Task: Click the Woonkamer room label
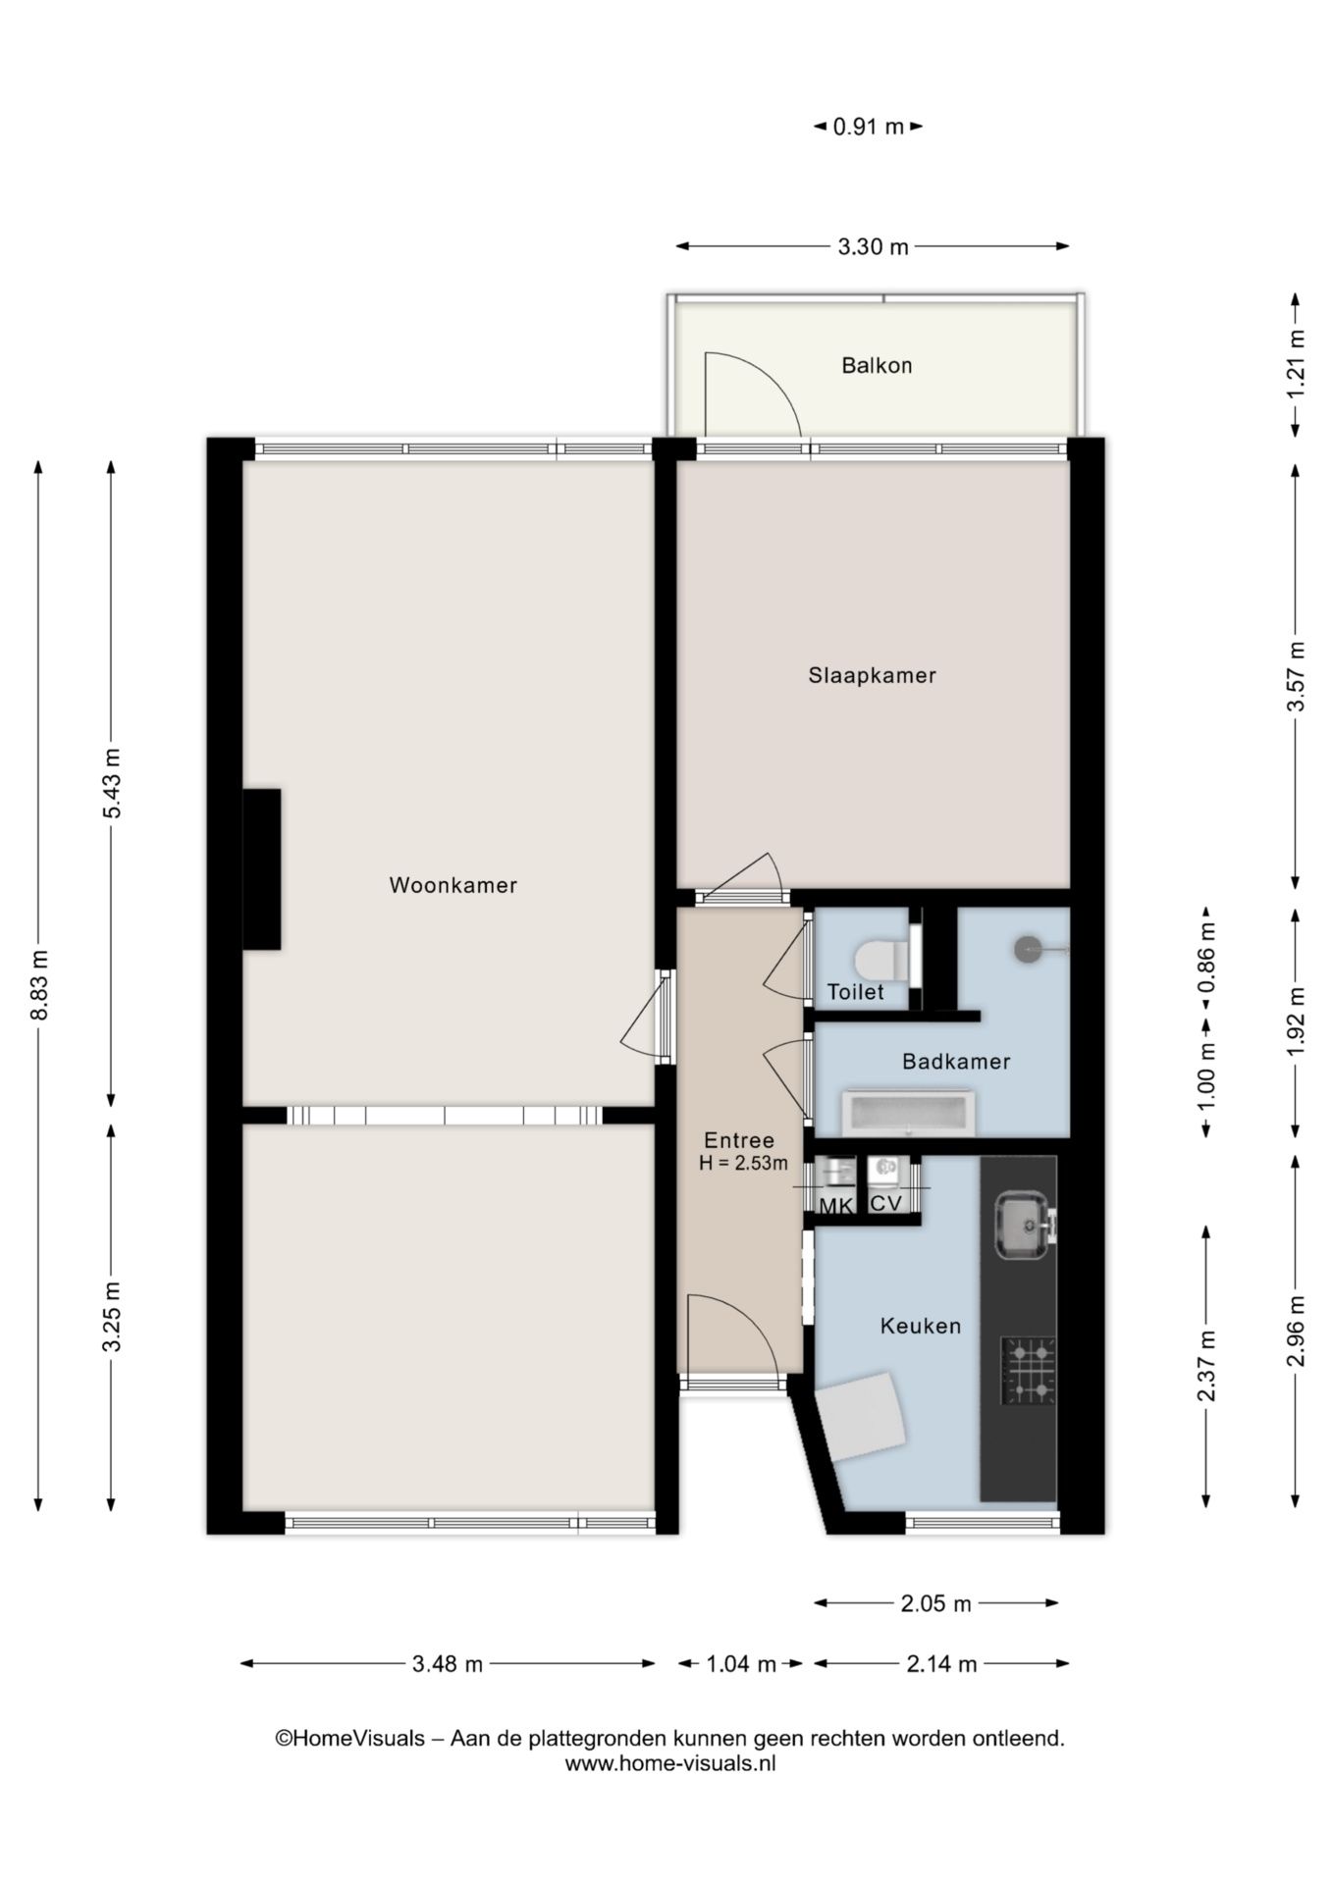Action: point(453,885)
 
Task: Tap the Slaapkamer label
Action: point(872,675)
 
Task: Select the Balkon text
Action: point(877,365)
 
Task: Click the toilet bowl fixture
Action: point(880,957)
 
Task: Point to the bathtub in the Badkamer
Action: point(908,1113)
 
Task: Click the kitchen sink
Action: point(1023,1226)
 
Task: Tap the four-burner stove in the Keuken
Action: point(1028,1370)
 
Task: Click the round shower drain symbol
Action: point(1027,950)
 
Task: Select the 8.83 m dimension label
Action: point(39,985)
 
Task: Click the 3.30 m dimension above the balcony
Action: point(873,247)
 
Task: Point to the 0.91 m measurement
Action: point(868,127)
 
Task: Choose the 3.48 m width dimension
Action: point(448,1663)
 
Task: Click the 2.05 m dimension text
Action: point(935,1603)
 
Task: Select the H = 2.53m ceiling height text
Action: point(743,1164)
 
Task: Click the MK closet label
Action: point(836,1206)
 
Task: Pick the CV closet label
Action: point(886,1202)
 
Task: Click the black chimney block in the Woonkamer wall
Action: point(261,869)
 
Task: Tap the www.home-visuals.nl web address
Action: point(670,1762)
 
